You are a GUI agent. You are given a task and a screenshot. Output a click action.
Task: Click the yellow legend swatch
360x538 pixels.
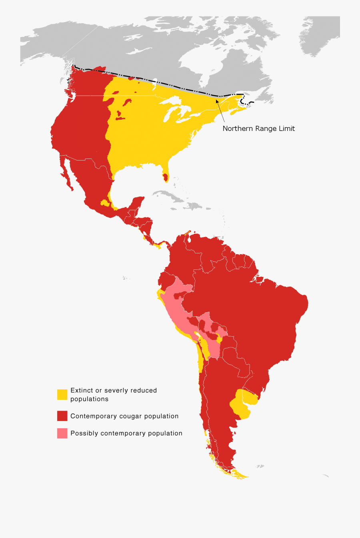62,394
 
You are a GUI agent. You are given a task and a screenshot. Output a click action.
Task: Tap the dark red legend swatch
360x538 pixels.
62,416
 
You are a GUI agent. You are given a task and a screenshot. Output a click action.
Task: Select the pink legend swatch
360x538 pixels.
62,433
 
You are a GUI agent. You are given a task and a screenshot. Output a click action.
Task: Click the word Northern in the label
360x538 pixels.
237,128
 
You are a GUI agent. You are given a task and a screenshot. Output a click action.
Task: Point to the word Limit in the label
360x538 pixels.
287,128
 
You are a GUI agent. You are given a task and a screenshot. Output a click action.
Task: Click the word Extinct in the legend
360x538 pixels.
81,390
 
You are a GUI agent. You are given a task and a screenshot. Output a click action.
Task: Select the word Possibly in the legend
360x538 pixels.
84,433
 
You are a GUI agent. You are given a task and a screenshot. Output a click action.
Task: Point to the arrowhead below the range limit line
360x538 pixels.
217,100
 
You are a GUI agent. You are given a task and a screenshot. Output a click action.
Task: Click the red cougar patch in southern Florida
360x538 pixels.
165,177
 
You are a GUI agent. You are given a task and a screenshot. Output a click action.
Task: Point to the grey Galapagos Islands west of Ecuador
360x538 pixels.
126,277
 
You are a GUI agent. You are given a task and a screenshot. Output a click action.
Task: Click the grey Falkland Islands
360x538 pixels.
260,466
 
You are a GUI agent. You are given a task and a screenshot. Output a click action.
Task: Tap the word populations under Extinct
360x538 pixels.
89,399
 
